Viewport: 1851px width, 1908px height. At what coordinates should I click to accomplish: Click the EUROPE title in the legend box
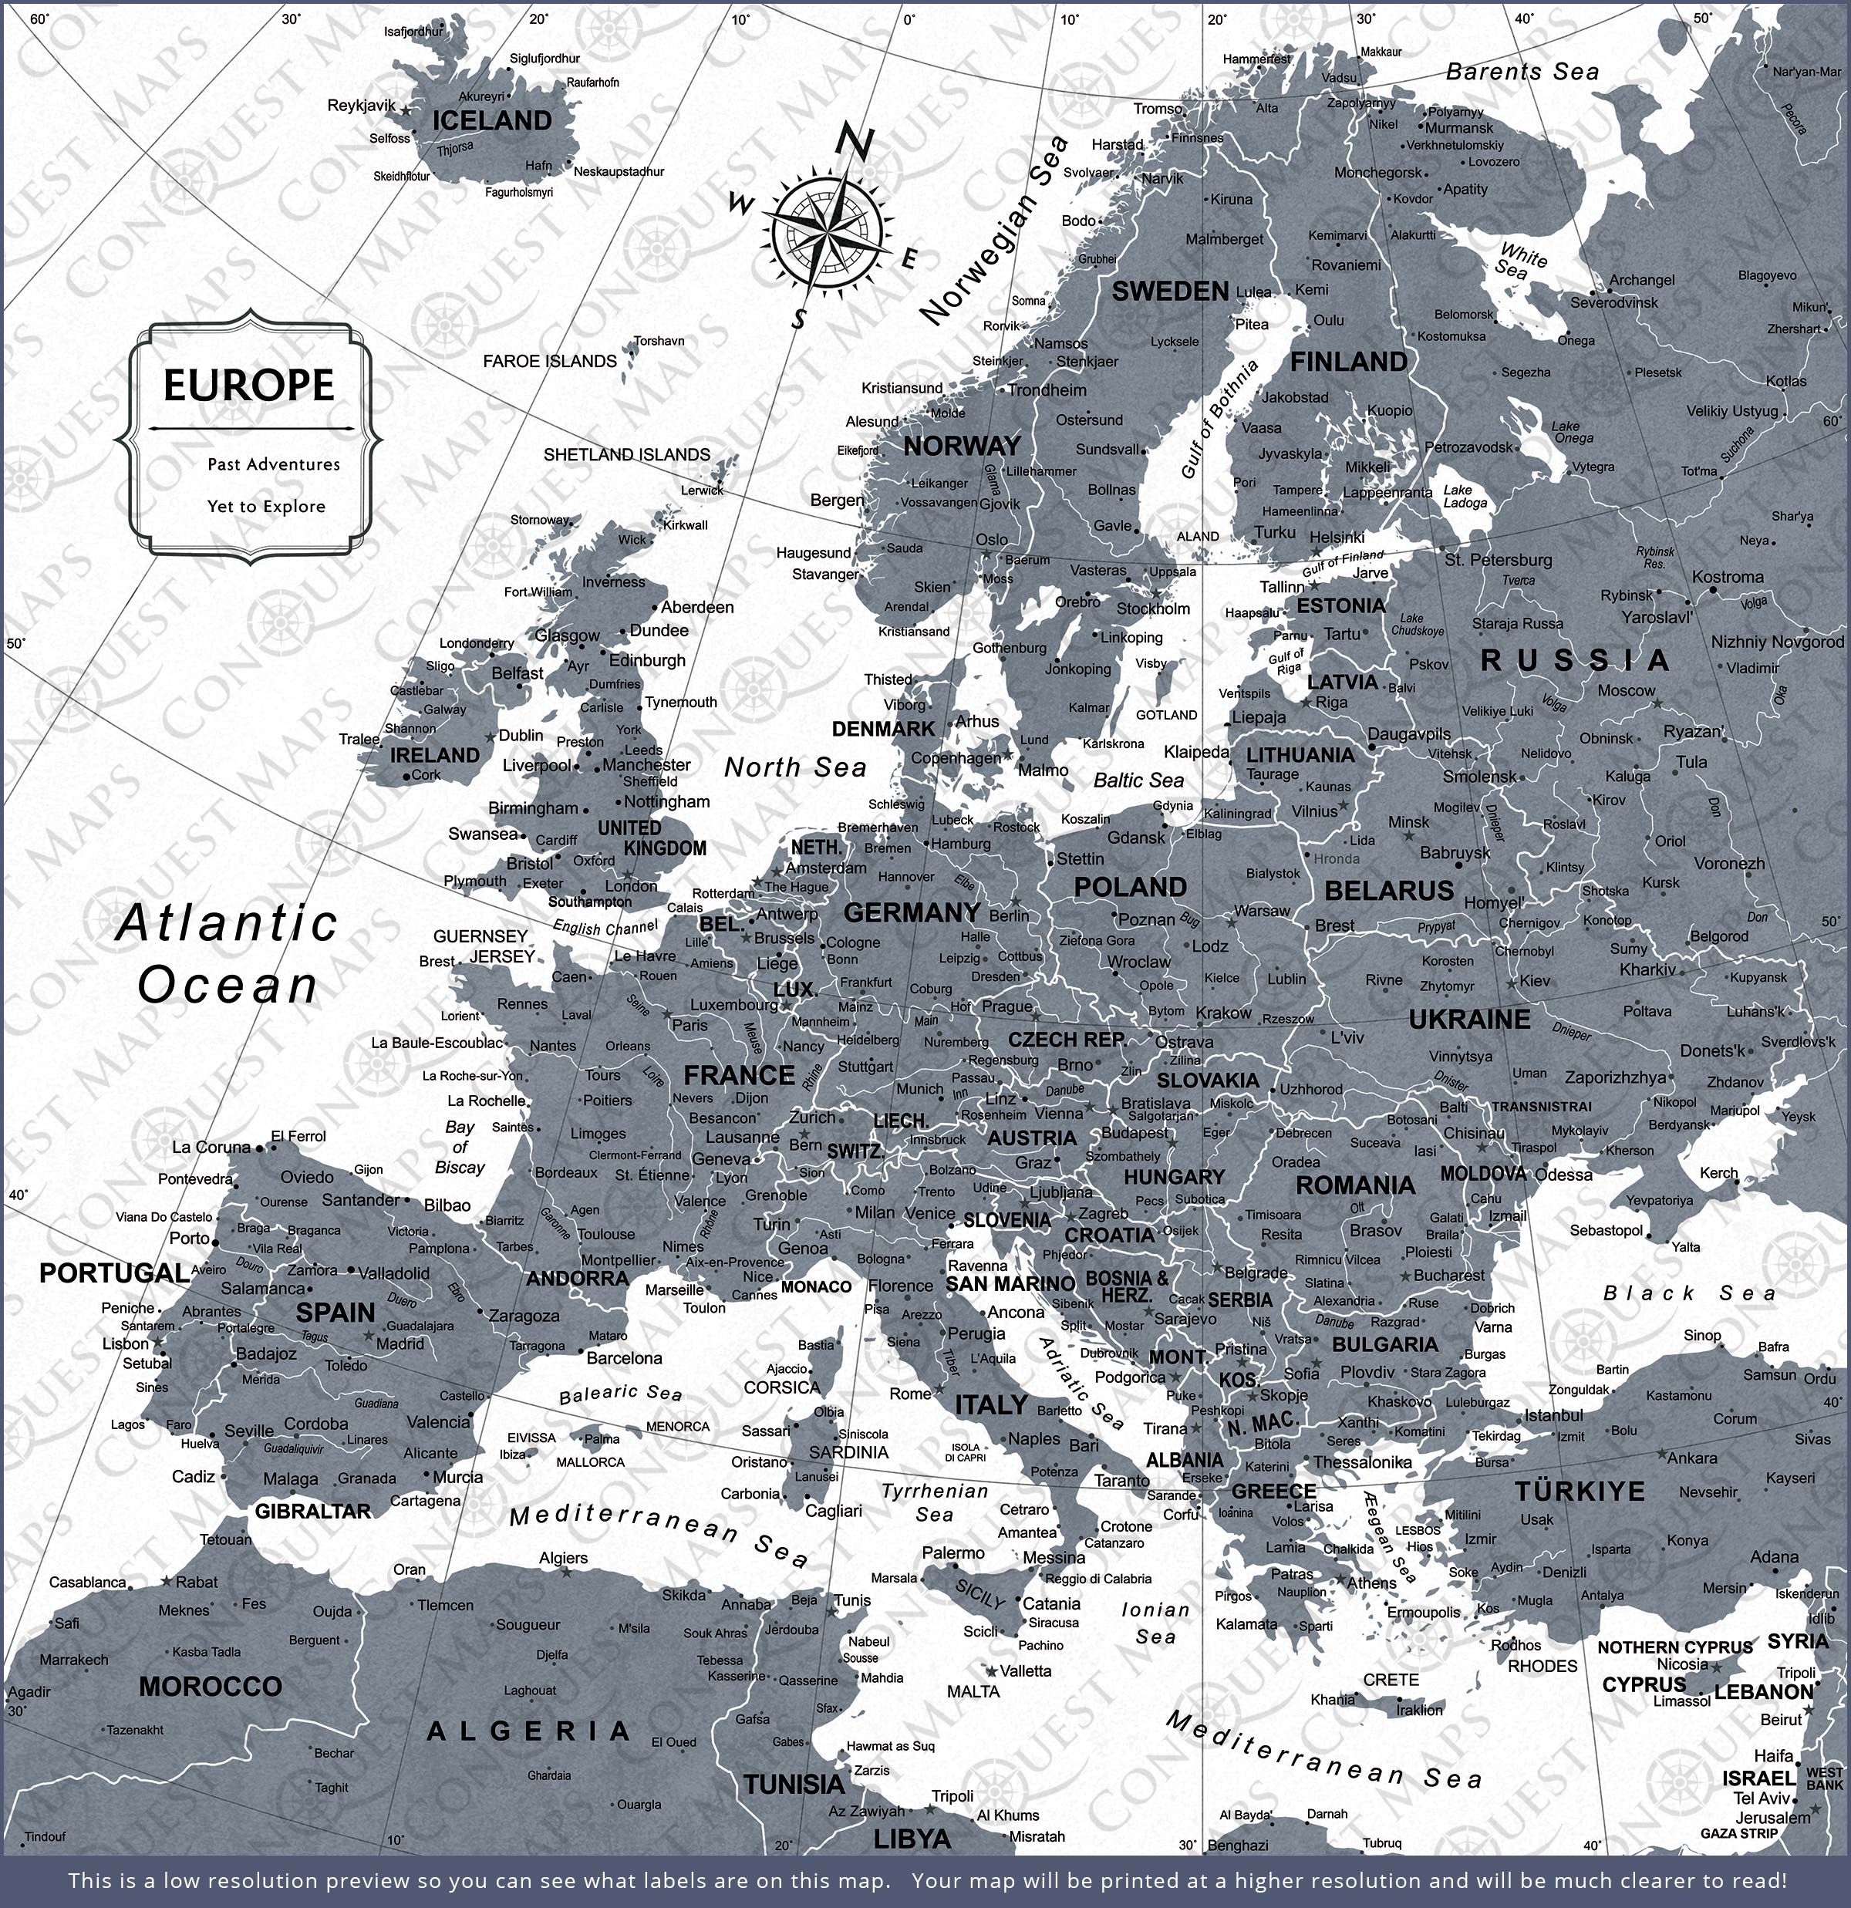tap(248, 385)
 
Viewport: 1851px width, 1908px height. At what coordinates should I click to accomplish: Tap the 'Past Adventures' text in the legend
tap(274, 464)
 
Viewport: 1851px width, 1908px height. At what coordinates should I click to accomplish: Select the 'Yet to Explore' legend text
tap(266, 506)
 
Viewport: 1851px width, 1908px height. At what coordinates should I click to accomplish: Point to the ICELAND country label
tap(492, 121)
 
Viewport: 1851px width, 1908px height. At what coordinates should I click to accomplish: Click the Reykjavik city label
tap(361, 105)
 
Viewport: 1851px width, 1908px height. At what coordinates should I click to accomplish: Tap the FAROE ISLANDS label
tap(550, 361)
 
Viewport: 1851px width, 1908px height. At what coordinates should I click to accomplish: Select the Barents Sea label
tap(1522, 72)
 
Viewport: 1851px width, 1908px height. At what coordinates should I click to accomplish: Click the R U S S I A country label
tap(1574, 661)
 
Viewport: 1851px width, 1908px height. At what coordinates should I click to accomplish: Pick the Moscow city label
tap(1626, 690)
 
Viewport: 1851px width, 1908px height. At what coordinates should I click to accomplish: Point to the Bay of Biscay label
tap(460, 1147)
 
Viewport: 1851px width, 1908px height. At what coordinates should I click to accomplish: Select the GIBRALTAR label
tap(312, 1512)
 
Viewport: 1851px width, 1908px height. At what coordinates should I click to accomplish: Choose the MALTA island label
tap(973, 1692)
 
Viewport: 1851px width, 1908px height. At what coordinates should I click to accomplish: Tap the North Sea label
tap(794, 767)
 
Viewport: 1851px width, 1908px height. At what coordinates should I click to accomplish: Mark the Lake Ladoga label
tap(1465, 497)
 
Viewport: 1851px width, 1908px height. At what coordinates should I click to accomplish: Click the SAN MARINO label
tap(1010, 1284)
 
